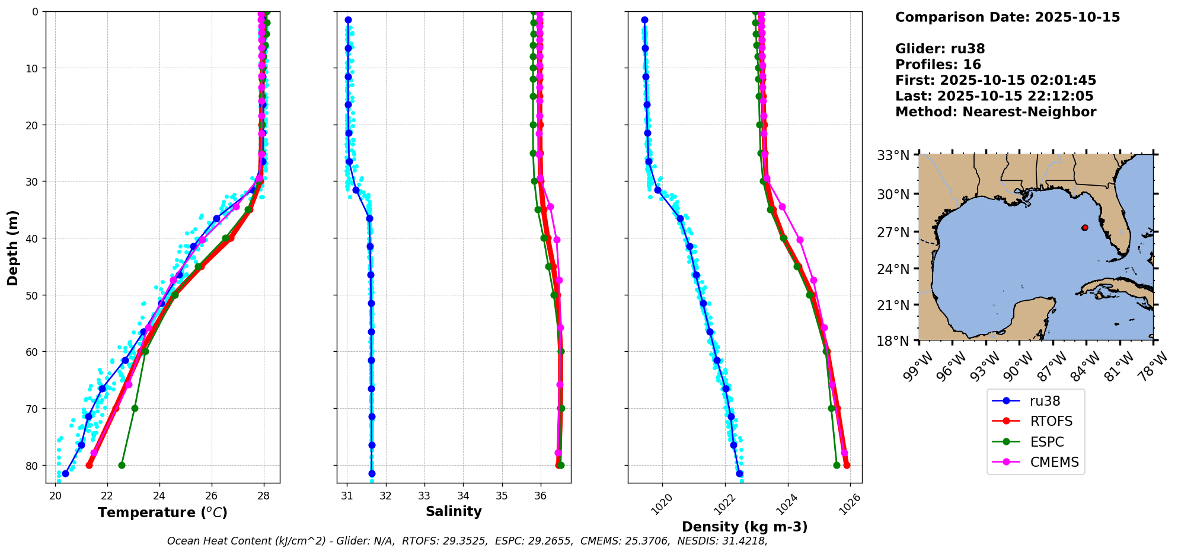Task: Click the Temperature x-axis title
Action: click(162, 512)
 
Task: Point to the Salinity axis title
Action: click(454, 511)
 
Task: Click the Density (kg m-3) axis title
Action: click(745, 527)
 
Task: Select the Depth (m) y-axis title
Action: click(13, 247)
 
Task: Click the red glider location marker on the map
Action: click(1084, 228)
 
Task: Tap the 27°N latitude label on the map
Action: click(893, 233)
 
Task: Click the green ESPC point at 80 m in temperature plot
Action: click(122, 465)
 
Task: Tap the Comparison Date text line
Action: click(1007, 17)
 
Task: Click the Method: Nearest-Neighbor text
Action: click(995, 112)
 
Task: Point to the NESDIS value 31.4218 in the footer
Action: click(744, 541)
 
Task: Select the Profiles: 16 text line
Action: click(938, 65)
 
